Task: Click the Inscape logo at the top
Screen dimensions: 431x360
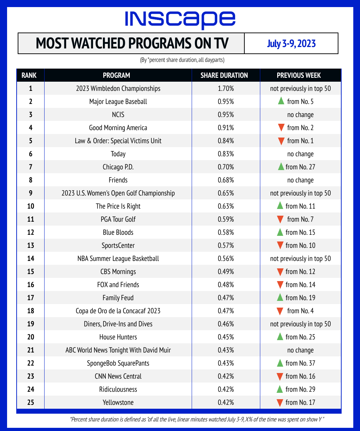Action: [180, 19]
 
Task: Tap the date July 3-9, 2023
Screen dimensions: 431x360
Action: [291, 44]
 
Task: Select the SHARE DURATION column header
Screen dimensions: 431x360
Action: [224, 75]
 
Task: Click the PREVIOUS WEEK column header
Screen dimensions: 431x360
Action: [299, 75]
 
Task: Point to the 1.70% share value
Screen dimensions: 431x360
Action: [227, 88]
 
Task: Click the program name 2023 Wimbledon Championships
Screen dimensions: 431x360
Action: [118, 88]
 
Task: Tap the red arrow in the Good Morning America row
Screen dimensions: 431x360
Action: [281, 128]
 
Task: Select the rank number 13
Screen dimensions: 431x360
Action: [30, 245]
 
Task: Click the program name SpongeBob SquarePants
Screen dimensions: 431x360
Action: [118, 363]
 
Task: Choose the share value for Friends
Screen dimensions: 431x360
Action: [227, 180]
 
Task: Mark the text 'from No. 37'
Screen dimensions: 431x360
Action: [300, 363]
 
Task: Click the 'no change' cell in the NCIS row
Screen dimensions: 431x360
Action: [300, 115]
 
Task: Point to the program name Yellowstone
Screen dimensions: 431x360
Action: [118, 402]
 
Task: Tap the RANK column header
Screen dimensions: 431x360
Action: [30, 75]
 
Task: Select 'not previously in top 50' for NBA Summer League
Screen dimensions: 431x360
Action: [300, 258]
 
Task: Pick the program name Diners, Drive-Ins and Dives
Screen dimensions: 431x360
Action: [118, 324]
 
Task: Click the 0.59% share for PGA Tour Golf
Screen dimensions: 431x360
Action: [227, 219]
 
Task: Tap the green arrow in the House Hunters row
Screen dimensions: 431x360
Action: [280, 337]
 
